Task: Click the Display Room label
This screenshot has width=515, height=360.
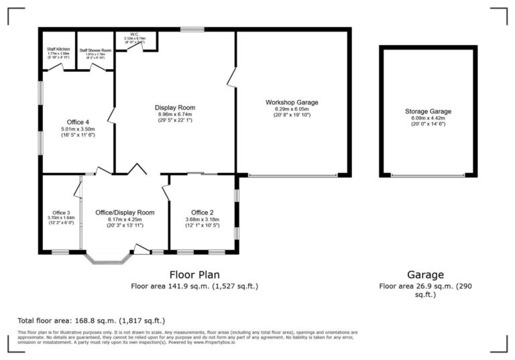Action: tap(174, 107)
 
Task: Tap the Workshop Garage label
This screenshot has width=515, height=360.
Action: tap(292, 102)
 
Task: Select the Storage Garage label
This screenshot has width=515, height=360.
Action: tap(428, 111)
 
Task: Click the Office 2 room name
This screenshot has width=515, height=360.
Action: tap(202, 213)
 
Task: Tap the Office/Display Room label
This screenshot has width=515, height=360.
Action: tap(125, 213)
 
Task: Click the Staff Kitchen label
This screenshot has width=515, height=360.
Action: tap(58, 49)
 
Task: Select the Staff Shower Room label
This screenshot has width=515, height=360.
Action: tap(94, 50)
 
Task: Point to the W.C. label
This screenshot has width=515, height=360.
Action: tap(134, 34)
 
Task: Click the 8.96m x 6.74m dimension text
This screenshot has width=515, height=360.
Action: tap(174, 114)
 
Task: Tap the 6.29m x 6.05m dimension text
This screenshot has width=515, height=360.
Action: tap(292, 109)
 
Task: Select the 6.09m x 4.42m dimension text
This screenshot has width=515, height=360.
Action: tap(428, 118)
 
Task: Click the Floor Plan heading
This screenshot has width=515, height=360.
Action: tap(194, 274)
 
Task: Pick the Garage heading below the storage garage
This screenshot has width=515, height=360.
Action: tap(426, 274)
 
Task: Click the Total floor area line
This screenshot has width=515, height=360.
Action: tap(91, 320)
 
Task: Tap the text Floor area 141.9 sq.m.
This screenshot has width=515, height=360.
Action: tap(194, 286)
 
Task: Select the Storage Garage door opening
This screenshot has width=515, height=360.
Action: tap(427, 176)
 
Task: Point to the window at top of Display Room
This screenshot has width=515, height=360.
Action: tap(192, 29)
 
